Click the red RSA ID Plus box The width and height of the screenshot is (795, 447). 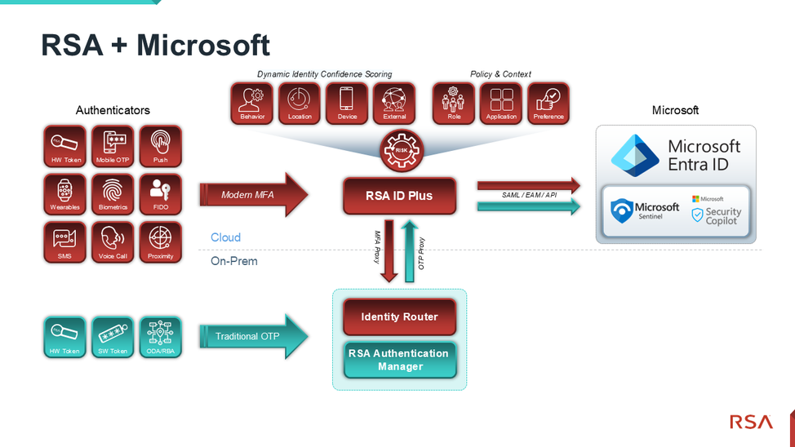pyautogui.click(x=399, y=196)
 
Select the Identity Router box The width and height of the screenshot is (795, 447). pyautogui.click(x=399, y=316)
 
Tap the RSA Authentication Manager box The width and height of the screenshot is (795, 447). pyautogui.click(x=399, y=360)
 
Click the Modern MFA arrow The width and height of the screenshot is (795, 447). pyautogui.click(x=253, y=195)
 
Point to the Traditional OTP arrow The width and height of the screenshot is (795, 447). pyautogui.click(x=253, y=336)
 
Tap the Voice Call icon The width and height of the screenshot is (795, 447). pyautogui.click(x=113, y=242)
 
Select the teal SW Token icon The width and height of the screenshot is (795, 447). pyautogui.click(x=113, y=337)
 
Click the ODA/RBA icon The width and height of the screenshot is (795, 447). pyautogui.click(x=160, y=337)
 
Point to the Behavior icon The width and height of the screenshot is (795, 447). pyautogui.click(x=252, y=103)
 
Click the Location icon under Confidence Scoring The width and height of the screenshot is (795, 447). pyautogui.click(x=300, y=103)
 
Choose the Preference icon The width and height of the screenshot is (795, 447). pyautogui.click(x=549, y=103)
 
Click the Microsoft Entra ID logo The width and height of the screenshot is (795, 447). pyautogui.click(x=635, y=155)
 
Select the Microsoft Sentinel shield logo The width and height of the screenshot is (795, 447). pyautogui.click(x=624, y=210)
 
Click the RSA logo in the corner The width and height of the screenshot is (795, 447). pyautogui.click(x=750, y=422)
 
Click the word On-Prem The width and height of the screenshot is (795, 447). pyautogui.click(x=234, y=261)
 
